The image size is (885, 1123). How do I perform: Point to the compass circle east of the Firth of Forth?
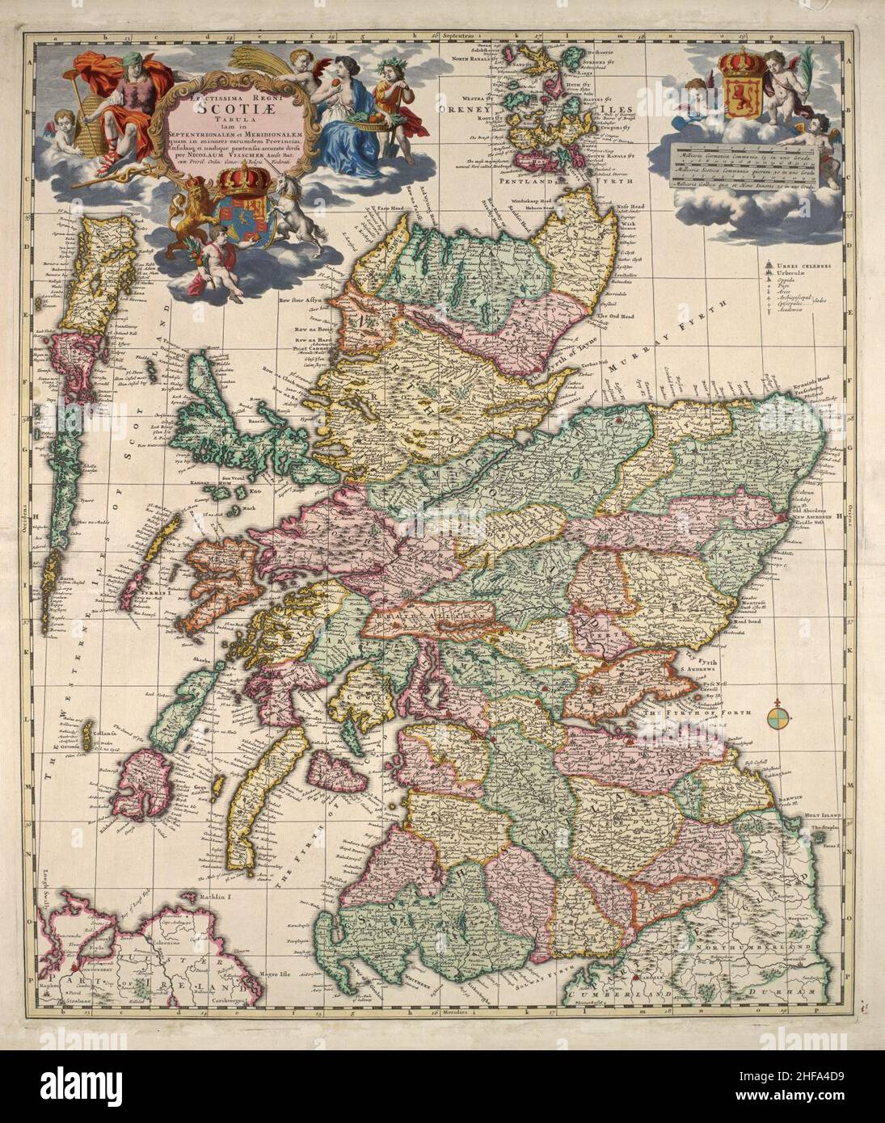point(779,713)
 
